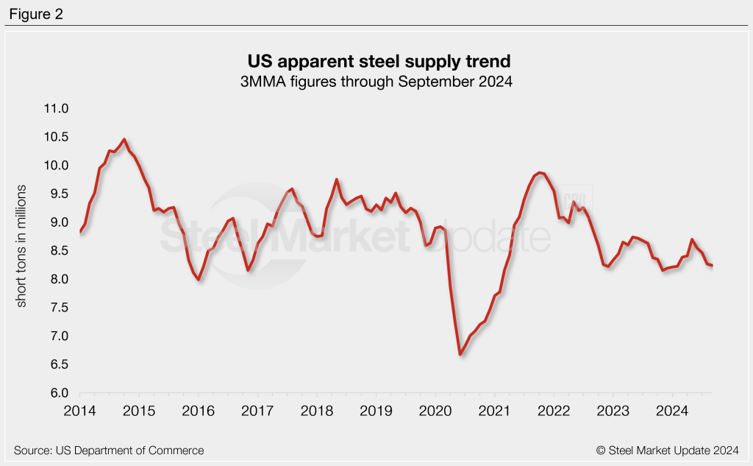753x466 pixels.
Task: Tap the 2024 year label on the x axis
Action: [x=671, y=409]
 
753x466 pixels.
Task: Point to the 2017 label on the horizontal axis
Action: [x=257, y=409]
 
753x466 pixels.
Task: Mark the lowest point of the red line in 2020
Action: [x=460, y=355]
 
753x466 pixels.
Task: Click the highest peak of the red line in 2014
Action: [x=124, y=139]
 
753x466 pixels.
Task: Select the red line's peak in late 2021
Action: [x=539, y=172]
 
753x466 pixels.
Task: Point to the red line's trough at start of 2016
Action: [x=199, y=280]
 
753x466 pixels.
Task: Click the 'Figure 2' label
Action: [x=37, y=14]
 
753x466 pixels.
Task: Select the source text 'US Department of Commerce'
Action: [x=109, y=450]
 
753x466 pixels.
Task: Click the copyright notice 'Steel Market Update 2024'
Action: [x=672, y=450]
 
